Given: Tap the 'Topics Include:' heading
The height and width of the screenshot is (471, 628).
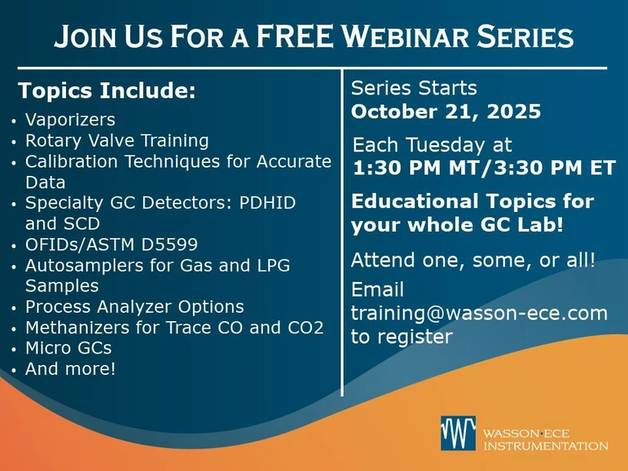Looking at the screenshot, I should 107,91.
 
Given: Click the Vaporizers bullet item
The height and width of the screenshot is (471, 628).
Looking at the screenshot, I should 70,120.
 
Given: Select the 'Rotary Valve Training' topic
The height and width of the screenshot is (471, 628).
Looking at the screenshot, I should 117,141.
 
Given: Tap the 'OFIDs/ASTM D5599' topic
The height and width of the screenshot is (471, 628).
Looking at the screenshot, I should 111,244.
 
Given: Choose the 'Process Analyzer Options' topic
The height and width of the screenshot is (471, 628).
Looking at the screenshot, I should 135,307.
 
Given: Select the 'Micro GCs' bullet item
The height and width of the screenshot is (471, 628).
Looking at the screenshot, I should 68,348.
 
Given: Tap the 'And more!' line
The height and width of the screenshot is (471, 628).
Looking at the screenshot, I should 71,369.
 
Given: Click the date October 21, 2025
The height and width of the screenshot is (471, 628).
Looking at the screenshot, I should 446,112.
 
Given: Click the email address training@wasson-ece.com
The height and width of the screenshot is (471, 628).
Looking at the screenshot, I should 479,313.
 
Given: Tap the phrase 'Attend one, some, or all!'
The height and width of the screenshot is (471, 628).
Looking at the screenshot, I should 473,260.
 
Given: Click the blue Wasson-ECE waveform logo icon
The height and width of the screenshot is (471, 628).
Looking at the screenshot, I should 457,433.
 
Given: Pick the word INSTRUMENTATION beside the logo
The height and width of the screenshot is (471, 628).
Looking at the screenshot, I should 545,446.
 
